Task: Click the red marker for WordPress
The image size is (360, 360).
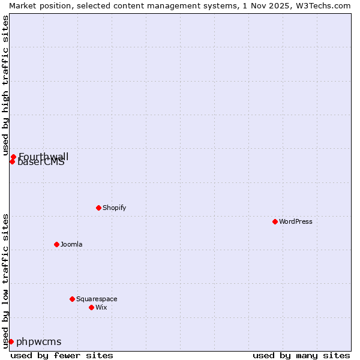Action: pos(275,221)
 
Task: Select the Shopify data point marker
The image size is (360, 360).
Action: pos(98,208)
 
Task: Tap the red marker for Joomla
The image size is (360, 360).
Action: pos(56,244)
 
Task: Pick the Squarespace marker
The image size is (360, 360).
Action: pos(72,299)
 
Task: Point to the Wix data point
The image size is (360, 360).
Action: pos(91,307)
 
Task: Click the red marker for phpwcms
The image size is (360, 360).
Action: pos(11,341)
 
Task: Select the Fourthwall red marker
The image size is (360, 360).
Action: pos(13,157)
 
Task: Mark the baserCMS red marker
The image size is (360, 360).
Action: pos(12,161)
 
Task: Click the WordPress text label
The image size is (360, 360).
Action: pos(296,221)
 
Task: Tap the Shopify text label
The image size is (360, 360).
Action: pos(114,208)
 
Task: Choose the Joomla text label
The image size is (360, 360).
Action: pos(71,244)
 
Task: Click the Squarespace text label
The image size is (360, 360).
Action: pos(97,299)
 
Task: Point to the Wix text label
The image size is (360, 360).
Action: pos(101,307)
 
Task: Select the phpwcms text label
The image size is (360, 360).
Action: pos(39,342)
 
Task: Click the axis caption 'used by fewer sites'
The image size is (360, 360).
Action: pos(62,355)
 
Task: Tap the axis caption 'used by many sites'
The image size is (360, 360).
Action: pos(301,355)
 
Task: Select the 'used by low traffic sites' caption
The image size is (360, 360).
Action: pos(6,281)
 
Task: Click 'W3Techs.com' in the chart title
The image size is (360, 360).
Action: pos(326,5)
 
